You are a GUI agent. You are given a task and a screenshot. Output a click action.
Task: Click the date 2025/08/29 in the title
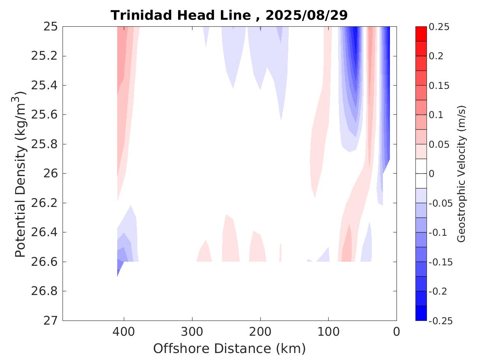(306, 15)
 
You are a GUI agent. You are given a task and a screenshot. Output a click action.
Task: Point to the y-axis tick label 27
(50, 321)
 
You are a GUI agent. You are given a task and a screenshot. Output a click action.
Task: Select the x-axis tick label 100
(328, 332)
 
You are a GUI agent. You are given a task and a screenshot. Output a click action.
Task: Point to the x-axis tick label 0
(397, 332)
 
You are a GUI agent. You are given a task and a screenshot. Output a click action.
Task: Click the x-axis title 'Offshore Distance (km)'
(230, 349)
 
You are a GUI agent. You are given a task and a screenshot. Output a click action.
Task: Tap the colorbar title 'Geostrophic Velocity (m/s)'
(462, 174)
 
